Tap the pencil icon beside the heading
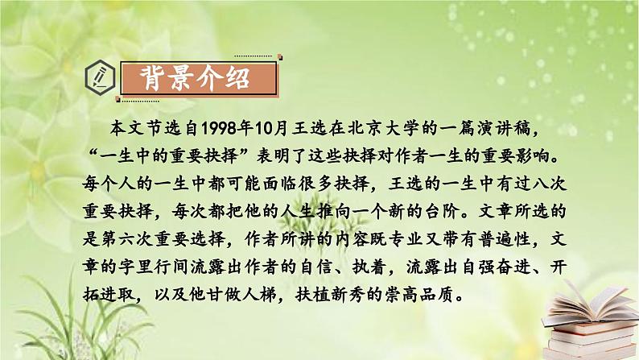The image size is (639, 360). (103, 80)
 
